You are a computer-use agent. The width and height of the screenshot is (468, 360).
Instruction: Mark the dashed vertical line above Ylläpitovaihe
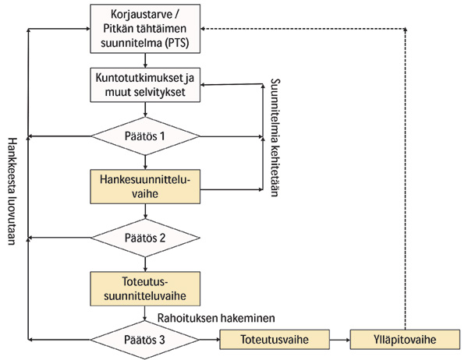click(x=406, y=179)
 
